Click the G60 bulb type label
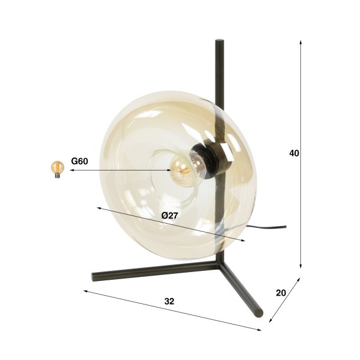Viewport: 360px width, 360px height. point(80,160)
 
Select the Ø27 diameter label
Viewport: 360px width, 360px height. point(169,215)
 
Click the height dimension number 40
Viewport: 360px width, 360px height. point(294,153)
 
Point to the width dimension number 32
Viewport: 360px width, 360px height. point(169,301)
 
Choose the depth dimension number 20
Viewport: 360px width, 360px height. point(280,293)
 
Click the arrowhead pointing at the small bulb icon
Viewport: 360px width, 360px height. point(70,170)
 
